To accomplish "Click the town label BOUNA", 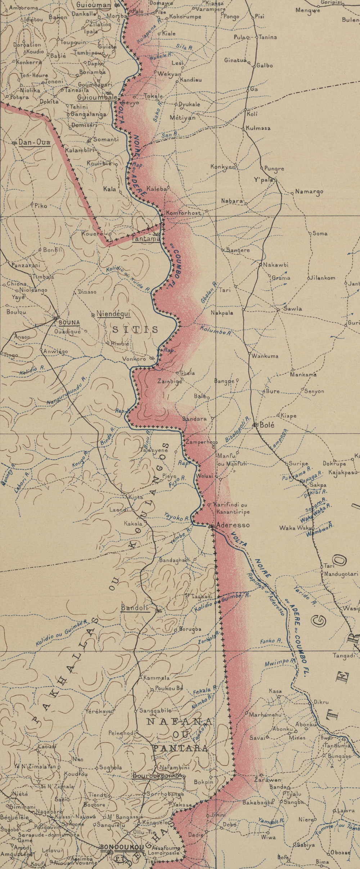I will pos(69,323).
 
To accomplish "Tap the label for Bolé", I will pos(267,425).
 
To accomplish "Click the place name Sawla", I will pos(293,309).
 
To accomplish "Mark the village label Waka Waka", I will pos(292,528).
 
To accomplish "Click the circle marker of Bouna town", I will pos(56,318).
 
